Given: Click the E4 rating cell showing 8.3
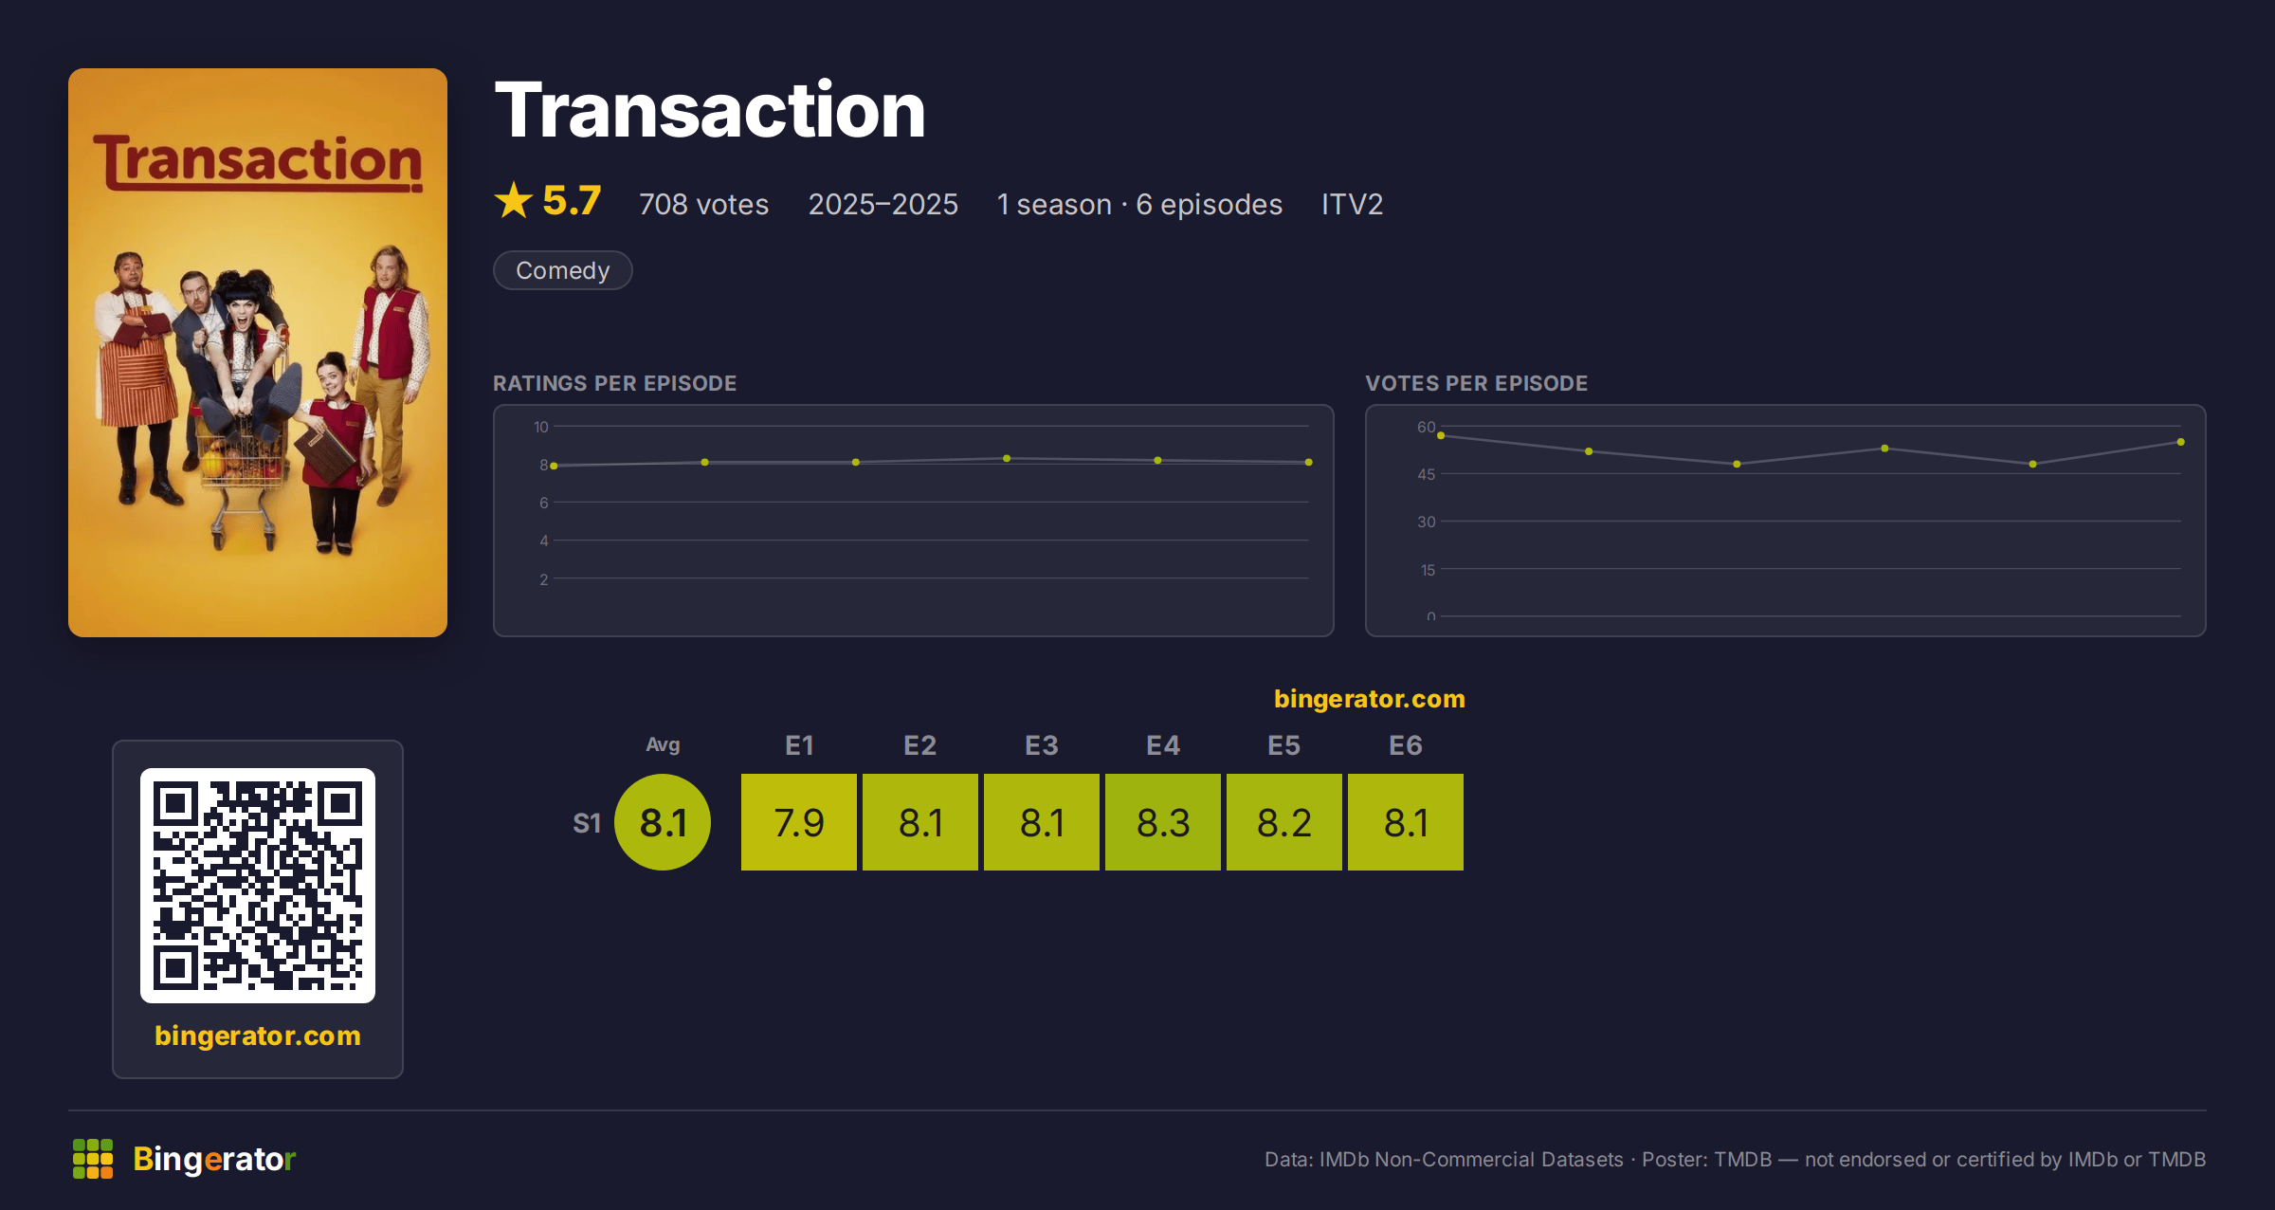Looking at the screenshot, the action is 1163,822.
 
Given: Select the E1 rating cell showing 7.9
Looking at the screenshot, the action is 799,822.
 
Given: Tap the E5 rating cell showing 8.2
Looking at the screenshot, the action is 1284,822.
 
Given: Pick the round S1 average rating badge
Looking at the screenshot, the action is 663,822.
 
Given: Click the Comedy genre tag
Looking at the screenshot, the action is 563,270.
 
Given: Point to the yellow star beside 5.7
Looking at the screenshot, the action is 514,200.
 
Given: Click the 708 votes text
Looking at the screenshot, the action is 703,204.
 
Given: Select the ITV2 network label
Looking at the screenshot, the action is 1352,204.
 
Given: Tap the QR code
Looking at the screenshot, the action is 258,886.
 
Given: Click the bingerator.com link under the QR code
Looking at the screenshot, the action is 258,1036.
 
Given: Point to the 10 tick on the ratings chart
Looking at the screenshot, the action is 541,427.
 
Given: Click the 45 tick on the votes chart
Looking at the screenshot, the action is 1427,474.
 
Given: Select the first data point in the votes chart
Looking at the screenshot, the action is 1441,435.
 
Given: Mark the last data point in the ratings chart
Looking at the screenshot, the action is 1309,462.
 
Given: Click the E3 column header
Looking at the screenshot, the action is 1042,745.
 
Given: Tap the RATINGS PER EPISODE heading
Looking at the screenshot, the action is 615,383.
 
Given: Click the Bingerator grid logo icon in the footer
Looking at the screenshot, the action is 93,1159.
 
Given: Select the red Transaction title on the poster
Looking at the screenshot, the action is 258,162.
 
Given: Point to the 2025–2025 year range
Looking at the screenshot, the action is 883,204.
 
